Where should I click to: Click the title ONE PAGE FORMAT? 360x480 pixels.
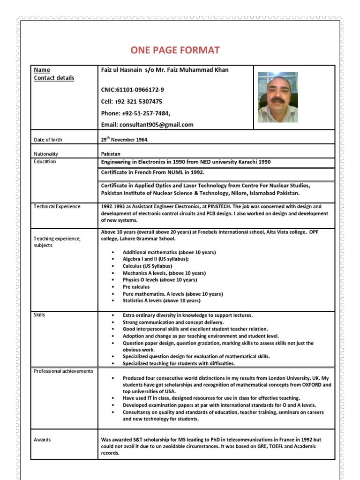(175, 51)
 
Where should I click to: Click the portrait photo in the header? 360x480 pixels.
(277, 97)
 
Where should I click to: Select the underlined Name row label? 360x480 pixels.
(42, 70)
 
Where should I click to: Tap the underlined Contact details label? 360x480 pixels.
(53, 78)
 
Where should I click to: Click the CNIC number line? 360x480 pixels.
(132, 90)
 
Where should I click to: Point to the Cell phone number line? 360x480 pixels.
(132, 101)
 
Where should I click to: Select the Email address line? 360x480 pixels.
(147, 125)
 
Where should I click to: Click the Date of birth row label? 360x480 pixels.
(48, 140)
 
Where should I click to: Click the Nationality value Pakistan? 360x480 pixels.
(111, 154)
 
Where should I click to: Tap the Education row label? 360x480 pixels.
(45, 162)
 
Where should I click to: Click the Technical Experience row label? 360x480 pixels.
(57, 207)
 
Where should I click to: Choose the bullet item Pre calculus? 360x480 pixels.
(136, 287)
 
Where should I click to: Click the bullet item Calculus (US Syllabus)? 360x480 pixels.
(147, 266)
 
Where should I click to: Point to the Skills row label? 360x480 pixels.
(39, 315)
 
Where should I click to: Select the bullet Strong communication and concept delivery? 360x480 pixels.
(173, 322)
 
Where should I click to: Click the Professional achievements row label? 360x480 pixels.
(63, 371)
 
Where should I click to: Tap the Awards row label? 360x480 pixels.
(42, 440)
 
